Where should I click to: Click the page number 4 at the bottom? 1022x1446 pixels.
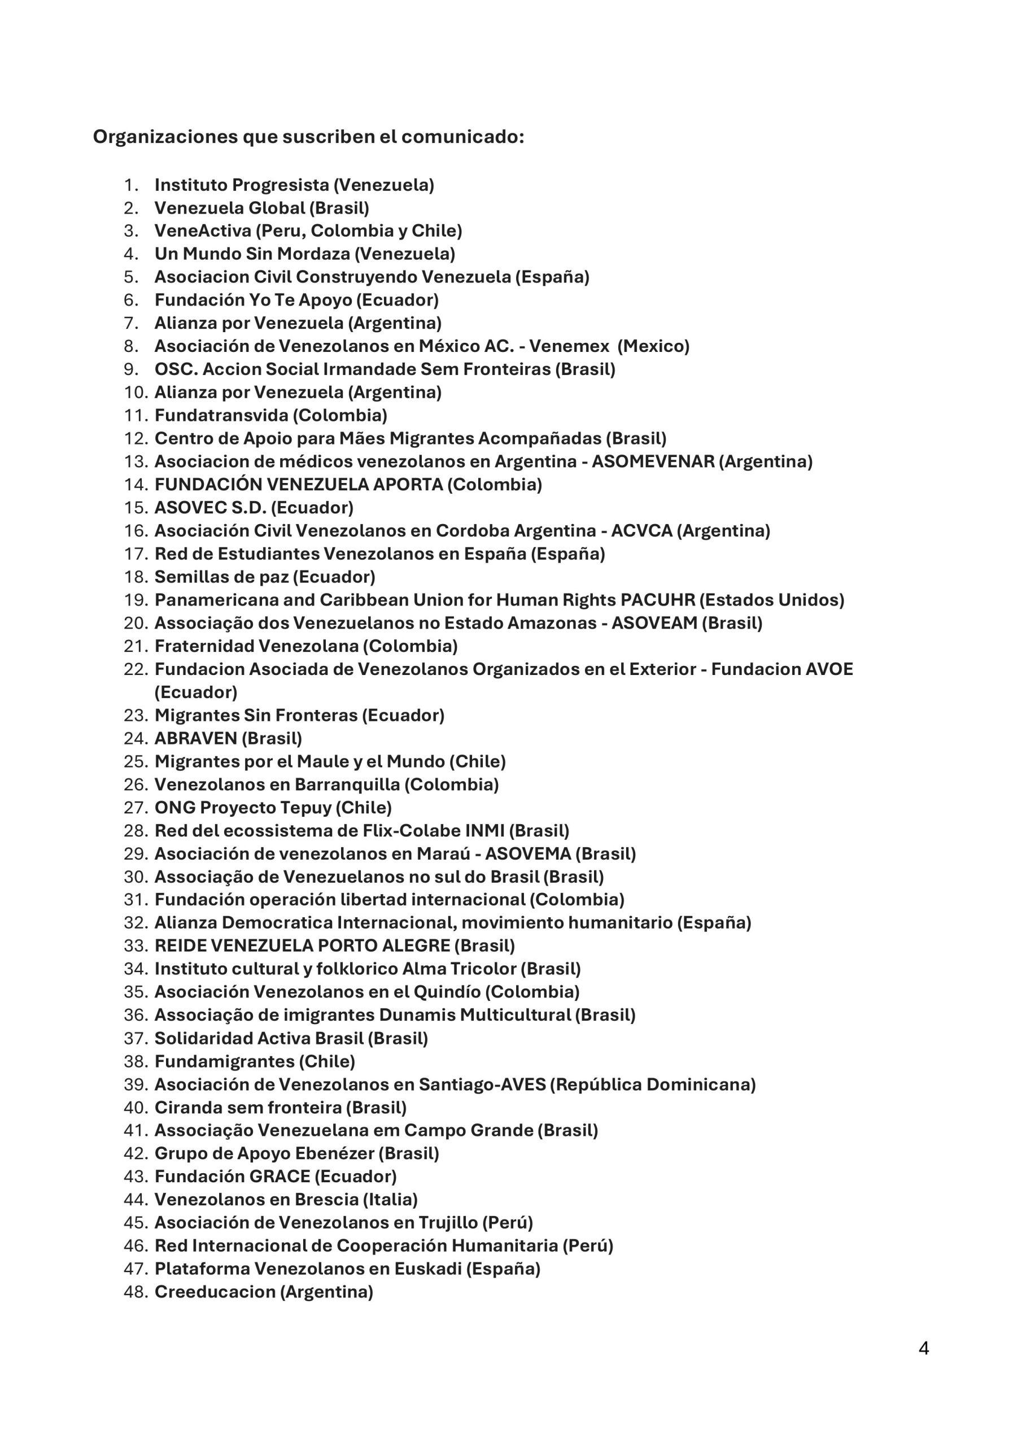click(x=923, y=1348)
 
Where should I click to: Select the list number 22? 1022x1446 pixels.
click(x=136, y=669)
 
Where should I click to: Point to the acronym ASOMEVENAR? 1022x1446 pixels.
click(x=653, y=461)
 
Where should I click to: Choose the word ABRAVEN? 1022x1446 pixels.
click(x=196, y=738)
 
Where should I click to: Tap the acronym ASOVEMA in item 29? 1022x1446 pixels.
click(x=528, y=854)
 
